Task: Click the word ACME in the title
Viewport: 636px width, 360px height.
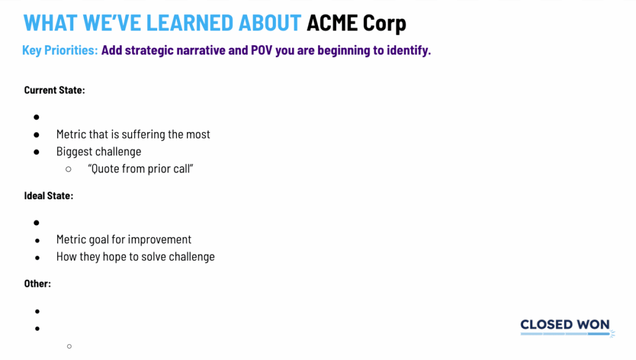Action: pos(332,23)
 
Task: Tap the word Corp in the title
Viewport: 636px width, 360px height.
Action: pos(384,24)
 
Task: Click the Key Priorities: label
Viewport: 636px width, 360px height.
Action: pos(60,50)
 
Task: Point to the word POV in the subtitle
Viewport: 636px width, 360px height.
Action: pos(261,50)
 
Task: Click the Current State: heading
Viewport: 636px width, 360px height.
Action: pos(55,90)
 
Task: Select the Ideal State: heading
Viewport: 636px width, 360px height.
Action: pos(48,196)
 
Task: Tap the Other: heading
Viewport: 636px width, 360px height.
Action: pos(37,284)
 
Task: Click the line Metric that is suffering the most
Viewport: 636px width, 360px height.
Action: pos(133,134)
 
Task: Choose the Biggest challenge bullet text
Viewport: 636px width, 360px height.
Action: pos(99,151)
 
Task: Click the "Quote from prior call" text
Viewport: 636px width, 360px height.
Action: pos(140,169)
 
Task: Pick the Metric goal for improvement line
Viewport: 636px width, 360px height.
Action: pos(124,240)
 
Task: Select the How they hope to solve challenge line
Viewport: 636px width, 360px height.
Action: pos(135,256)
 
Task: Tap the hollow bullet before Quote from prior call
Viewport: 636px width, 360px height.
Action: pos(68,169)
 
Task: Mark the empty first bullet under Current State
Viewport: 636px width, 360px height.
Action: pos(37,117)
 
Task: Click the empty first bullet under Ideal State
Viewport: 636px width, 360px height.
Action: pos(37,223)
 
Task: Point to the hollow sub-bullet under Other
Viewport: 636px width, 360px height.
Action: pos(70,346)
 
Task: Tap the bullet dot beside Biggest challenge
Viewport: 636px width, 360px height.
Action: pos(37,152)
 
